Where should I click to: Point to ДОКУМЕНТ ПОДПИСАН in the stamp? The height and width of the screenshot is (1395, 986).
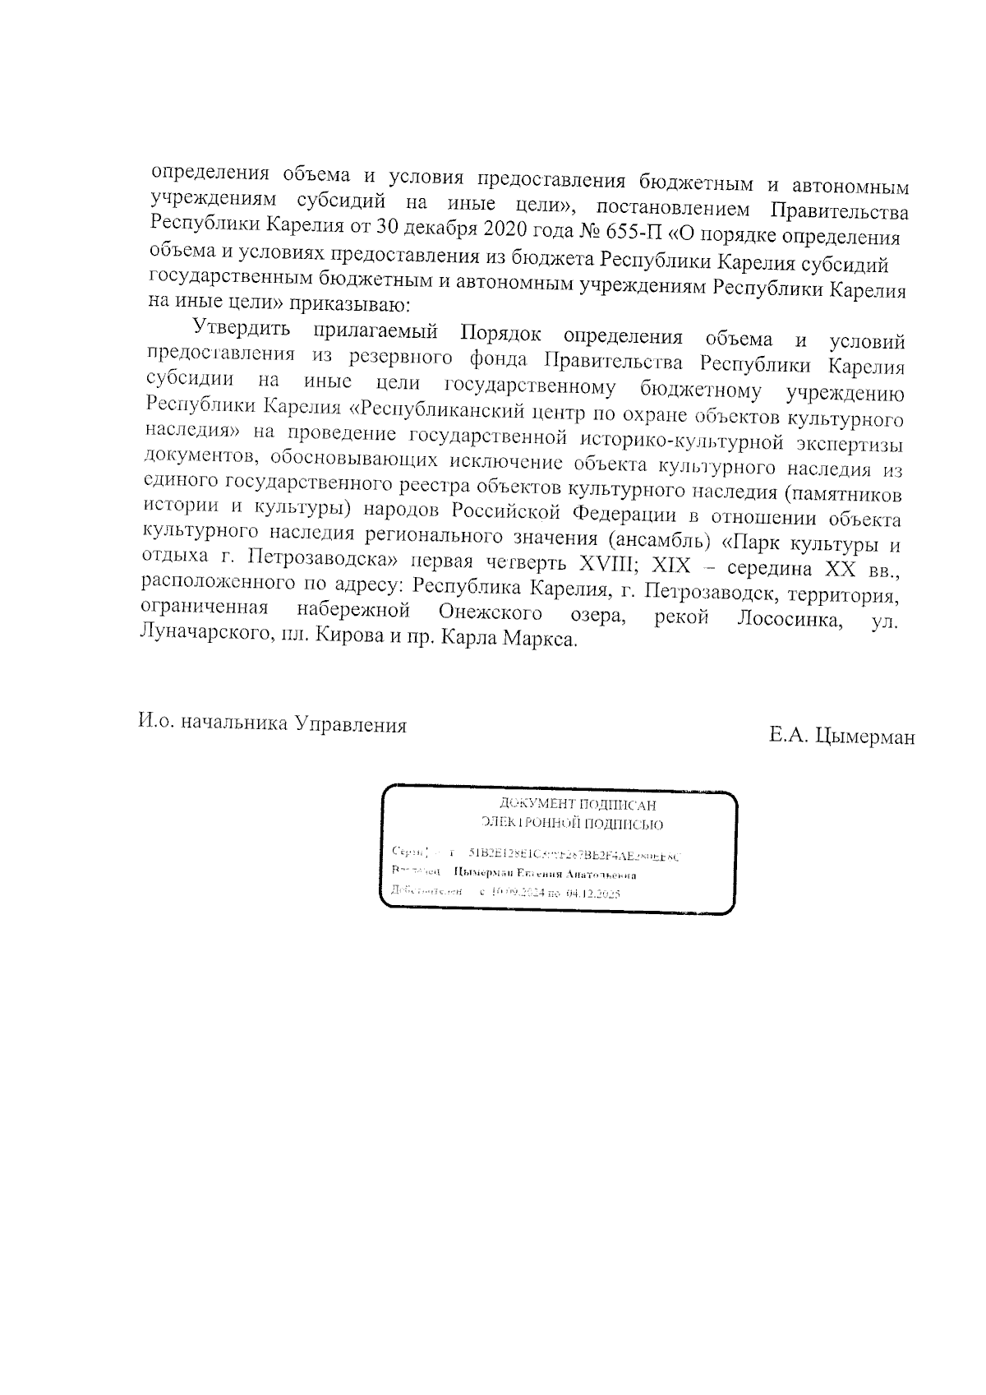578,806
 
